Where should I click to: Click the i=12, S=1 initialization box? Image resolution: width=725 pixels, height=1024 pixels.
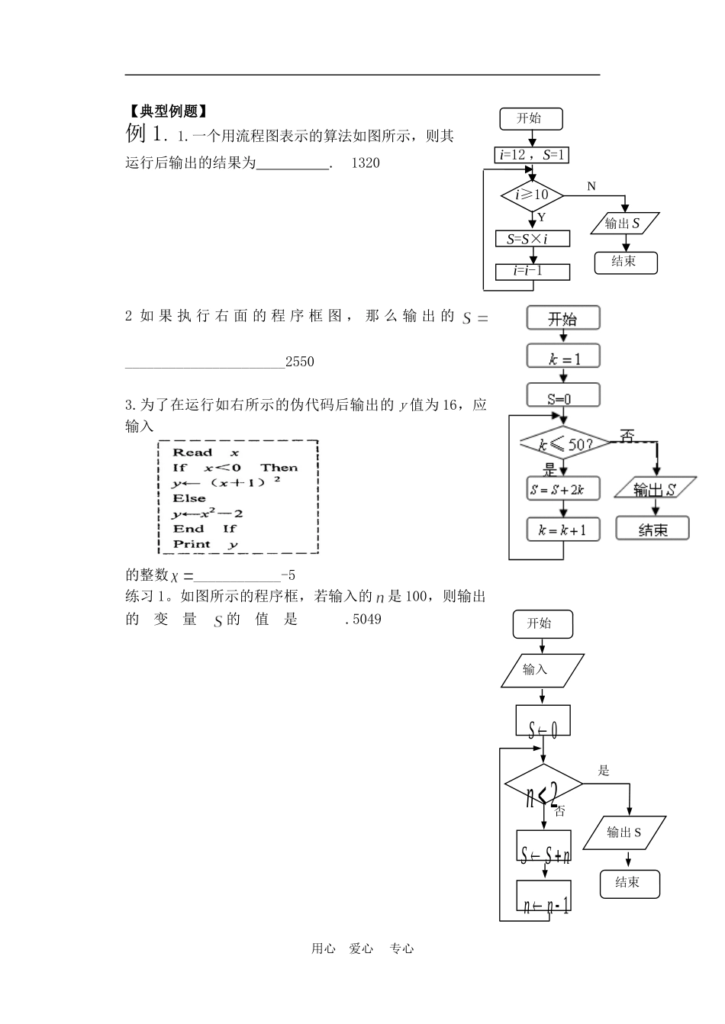click(532, 155)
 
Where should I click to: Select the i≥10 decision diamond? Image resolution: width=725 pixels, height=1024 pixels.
click(532, 195)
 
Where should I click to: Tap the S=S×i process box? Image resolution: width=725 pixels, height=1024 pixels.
click(532, 239)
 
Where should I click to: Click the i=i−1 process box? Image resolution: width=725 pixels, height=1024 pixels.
click(532, 271)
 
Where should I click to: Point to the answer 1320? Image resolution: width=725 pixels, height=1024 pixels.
click(365, 163)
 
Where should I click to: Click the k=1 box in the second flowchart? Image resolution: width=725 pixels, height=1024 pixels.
click(563, 357)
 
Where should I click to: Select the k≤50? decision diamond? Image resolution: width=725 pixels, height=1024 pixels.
click(565, 443)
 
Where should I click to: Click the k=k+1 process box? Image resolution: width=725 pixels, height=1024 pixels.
click(563, 530)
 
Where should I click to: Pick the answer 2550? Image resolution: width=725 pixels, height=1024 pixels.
click(299, 362)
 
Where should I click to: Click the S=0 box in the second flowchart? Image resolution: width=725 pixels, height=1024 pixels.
click(563, 397)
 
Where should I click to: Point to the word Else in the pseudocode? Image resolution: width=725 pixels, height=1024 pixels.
click(189, 498)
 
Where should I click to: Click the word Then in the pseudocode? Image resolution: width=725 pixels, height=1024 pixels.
click(279, 468)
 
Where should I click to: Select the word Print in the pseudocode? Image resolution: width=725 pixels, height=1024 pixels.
click(192, 544)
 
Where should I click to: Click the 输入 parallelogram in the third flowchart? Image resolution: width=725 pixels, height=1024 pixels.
click(541, 670)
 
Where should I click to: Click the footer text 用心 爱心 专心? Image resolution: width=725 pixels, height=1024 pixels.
click(362, 948)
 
